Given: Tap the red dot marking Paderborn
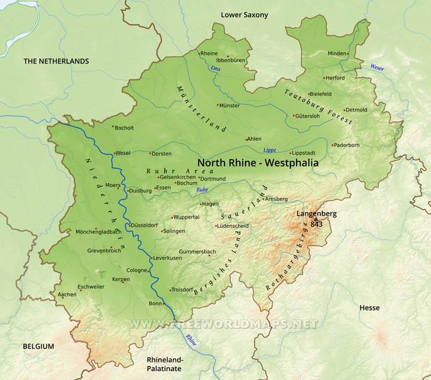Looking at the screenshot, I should point(333,145).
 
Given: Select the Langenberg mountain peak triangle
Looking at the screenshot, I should point(316,218).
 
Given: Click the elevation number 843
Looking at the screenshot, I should point(316,224).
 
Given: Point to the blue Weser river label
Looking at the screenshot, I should point(377,68).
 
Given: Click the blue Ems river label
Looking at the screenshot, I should point(215,69).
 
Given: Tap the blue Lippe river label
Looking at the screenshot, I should point(269,150).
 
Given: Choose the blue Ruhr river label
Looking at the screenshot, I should point(202,189).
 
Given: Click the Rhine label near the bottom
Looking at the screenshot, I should point(191,339).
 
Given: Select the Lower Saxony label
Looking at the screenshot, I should point(244,15).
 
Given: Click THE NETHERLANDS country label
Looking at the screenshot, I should point(56,61).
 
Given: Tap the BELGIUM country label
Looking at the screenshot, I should point(39,346).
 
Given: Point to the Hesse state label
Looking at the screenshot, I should point(369,308).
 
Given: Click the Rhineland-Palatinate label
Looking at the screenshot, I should point(166,364).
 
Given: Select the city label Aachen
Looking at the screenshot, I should point(67,294).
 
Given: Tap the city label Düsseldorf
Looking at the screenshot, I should point(145,226).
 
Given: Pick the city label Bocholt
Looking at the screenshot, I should point(125,128).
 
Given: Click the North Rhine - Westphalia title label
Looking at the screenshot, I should point(258,162).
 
